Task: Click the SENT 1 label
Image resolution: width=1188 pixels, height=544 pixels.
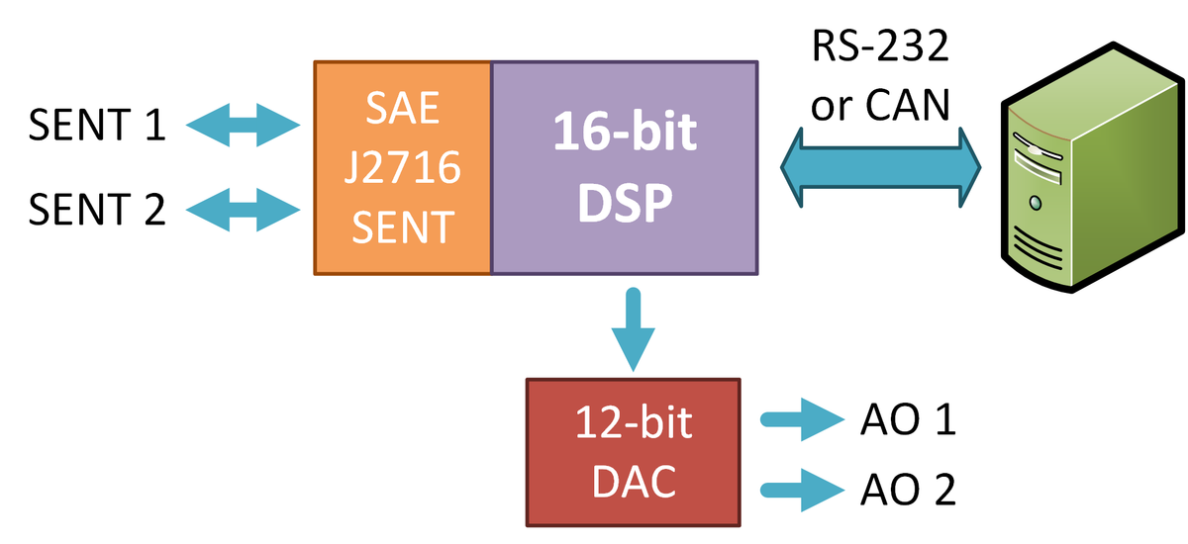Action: coord(97,126)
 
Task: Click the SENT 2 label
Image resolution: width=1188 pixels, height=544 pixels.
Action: coord(97,209)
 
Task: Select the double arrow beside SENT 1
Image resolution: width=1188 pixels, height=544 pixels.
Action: coord(243,126)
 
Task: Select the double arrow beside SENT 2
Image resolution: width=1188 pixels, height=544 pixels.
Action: coord(243,209)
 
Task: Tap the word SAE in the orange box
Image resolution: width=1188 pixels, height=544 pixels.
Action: coord(403,109)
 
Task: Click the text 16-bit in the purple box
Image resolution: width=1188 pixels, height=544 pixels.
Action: coord(624,133)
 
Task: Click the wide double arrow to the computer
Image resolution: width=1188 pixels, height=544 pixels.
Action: coord(879,167)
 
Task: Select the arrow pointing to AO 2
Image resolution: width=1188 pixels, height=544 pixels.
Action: coord(798,488)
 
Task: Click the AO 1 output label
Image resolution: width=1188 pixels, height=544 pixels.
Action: coord(908,420)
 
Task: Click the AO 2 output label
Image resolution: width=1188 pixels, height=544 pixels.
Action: coord(908,489)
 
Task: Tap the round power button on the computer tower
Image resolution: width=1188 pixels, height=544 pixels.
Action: coord(1036,202)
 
